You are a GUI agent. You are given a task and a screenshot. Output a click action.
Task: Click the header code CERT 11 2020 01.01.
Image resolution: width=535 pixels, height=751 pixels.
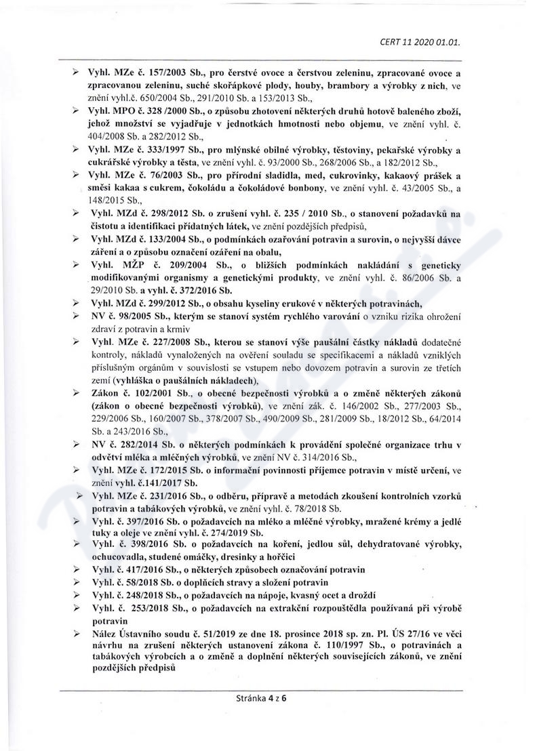point(420,41)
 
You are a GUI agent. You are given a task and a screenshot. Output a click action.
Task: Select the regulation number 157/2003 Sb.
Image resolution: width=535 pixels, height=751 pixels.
point(163,73)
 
